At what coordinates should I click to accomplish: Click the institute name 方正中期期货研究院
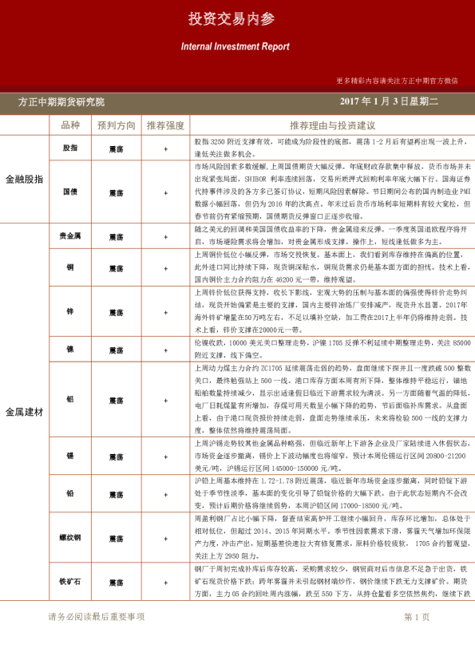pos(61,102)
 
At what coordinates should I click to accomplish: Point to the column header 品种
pos(70,125)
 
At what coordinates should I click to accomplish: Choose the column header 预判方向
pos(117,125)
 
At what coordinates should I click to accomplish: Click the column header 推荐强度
pos(165,125)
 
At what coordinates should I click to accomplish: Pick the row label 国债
pos(70,192)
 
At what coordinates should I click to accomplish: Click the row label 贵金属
pos(70,236)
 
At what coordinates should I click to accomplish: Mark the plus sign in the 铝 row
pos(165,397)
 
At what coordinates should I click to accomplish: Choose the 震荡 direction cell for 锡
pos(117,456)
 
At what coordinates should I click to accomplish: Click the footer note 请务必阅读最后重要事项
pos(97,638)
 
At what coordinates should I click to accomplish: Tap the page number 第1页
pos(417,638)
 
